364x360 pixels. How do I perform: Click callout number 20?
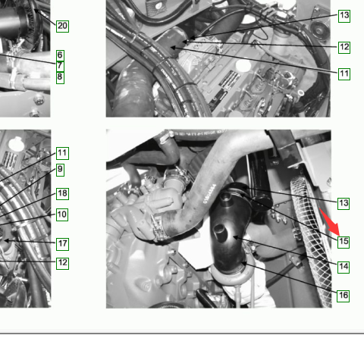(62, 26)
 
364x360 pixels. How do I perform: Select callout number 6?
(60, 55)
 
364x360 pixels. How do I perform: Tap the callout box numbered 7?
(60, 66)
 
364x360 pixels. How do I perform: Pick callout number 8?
(60, 77)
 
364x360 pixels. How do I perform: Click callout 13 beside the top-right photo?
(344, 16)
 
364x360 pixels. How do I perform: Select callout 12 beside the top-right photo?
(344, 47)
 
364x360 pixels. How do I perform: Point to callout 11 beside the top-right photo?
(344, 74)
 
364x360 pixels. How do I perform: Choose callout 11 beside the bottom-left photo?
(62, 153)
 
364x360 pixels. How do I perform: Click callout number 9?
(60, 170)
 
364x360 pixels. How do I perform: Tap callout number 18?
(62, 194)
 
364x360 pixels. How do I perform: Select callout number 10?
(62, 214)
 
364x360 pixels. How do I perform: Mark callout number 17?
(62, 244)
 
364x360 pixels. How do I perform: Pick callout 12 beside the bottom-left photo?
(62, 263)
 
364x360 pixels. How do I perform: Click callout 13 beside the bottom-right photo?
(344, 203)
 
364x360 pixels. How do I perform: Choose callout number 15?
(344, 242)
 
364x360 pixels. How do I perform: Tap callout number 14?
(344, 267)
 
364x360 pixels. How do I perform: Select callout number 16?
(344, 296)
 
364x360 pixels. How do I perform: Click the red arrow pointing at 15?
(330, 222)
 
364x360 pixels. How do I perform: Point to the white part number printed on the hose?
(209, 194)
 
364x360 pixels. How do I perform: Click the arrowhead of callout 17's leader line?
(6, 241)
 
